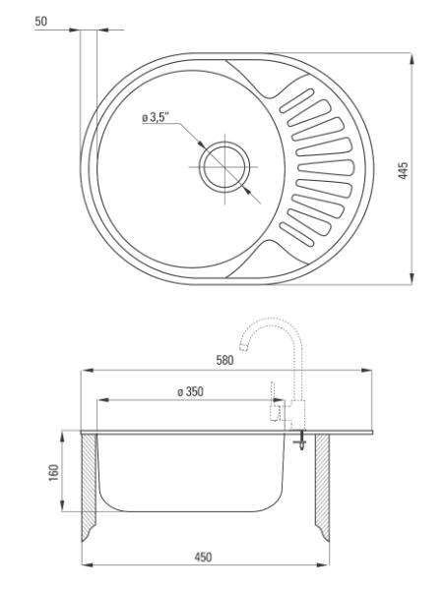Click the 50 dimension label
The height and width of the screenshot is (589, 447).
pos(41,22)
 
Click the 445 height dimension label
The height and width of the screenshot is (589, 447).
pos(403,170)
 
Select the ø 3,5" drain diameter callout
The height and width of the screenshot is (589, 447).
pos(155,118)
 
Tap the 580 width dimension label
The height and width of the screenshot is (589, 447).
pos(224,360)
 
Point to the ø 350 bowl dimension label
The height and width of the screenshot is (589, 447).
pos(190,391)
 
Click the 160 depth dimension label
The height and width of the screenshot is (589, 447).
pos(54,473)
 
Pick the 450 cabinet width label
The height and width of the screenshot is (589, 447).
pos(203,558)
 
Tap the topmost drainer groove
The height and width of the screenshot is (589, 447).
pos(296,100)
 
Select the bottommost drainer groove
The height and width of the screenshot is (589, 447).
pos(296,235)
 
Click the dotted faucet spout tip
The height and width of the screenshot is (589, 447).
pos(244,347)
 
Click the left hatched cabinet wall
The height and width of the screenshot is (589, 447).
pos(90,487)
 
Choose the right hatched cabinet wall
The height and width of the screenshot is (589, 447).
pos(323,487)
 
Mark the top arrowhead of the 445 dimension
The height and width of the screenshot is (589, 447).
pos(412,60)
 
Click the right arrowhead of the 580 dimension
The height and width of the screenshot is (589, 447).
pos(366,371)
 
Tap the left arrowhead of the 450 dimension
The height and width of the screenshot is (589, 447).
pos(88,564)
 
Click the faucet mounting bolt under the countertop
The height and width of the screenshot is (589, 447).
pos(300,442)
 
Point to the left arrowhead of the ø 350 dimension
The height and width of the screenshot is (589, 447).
pos(103,400)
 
